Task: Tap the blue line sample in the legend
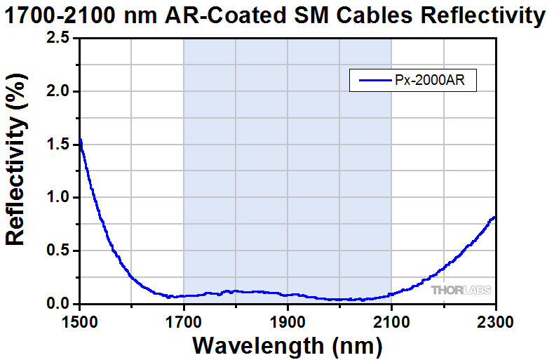tap(374, 81)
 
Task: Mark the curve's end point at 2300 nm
tap(495, 217)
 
